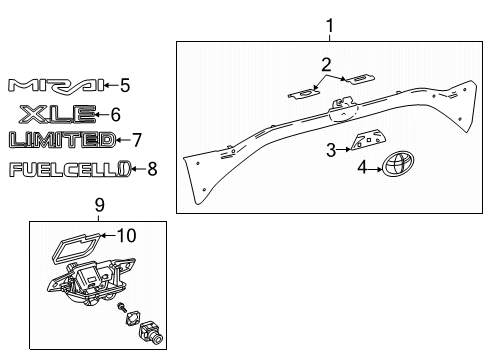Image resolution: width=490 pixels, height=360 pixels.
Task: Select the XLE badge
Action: click(x=56, y=113)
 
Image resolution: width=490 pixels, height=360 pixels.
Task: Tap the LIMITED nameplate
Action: click(x=61, y=139)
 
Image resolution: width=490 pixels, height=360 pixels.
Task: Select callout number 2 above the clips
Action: click(x=326, y=65)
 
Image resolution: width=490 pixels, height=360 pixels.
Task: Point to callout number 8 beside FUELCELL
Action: click(x=153, y=169)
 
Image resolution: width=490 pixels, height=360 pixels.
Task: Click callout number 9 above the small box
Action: click(x=100, y=207)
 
